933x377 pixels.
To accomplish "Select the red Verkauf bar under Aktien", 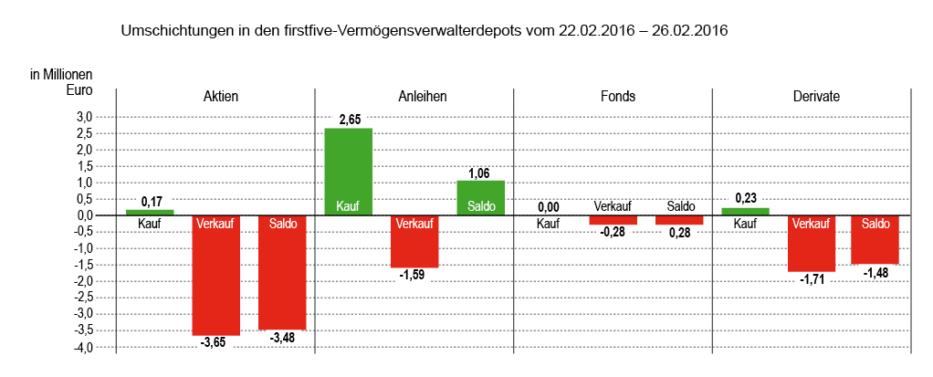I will [215, 275].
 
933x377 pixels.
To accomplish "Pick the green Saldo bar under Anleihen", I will [481, 197].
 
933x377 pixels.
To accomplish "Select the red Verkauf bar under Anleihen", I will [414, 241].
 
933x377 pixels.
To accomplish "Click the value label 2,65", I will [350, 120].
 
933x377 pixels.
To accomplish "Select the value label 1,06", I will [480, 173].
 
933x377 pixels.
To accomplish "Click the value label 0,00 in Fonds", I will [548, 207].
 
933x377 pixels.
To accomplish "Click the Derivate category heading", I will [816, 96].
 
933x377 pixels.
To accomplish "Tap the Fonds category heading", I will [618, 96].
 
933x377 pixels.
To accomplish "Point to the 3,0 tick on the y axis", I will [84, 117].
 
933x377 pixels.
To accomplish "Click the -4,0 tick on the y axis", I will [82, 347].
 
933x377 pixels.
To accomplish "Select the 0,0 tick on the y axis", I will [84, 215].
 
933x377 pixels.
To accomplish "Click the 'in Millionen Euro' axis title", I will [61, 82].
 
